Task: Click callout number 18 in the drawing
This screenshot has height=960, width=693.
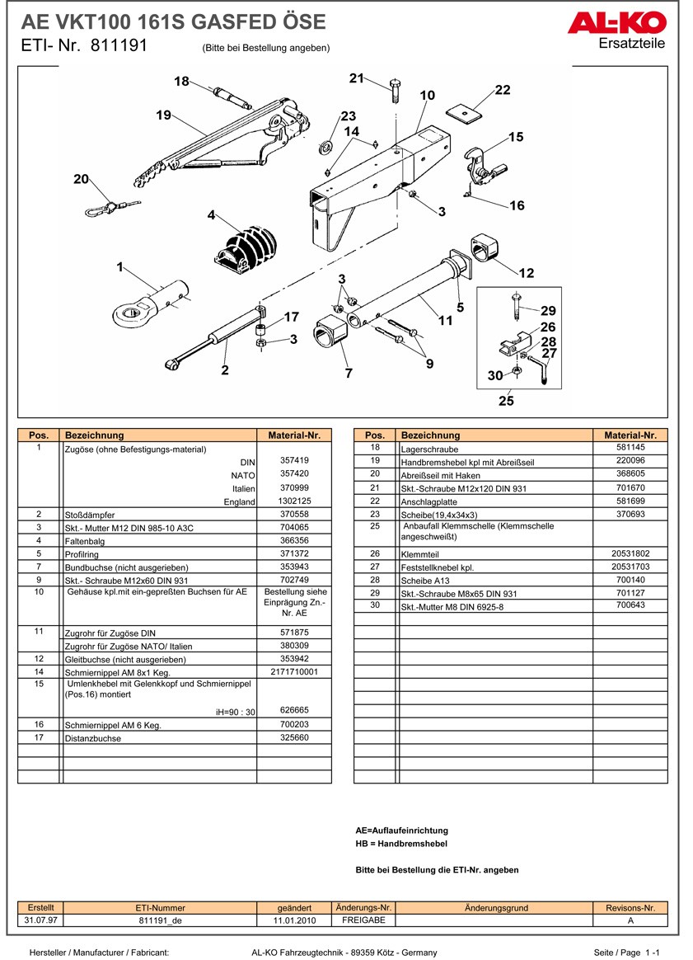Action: pyautogui.click(x=182, y=81)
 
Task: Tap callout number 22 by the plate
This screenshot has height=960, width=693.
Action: pyautogui.click(x=503, y=90)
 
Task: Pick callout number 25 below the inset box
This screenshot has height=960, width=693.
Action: pyautogui.click(x=506, y=401)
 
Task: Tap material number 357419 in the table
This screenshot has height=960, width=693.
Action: pyautogui.click(x=294, y=460)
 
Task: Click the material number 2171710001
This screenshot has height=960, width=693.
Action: pyautogui.click(x=294, y=672)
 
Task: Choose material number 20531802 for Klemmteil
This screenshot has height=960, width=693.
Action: pyautogui.click(x=630, y=554)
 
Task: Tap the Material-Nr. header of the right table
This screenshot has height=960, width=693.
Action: pyautogui.click(x=630, y=435)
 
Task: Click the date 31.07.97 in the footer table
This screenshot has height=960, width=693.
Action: pyautogui.click(x=40, y=920)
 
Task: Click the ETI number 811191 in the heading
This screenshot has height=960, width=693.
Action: pyautogui.click(x=119, y=46)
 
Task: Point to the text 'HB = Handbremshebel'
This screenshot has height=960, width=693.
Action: pyautogui.click(x=401, y=844)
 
